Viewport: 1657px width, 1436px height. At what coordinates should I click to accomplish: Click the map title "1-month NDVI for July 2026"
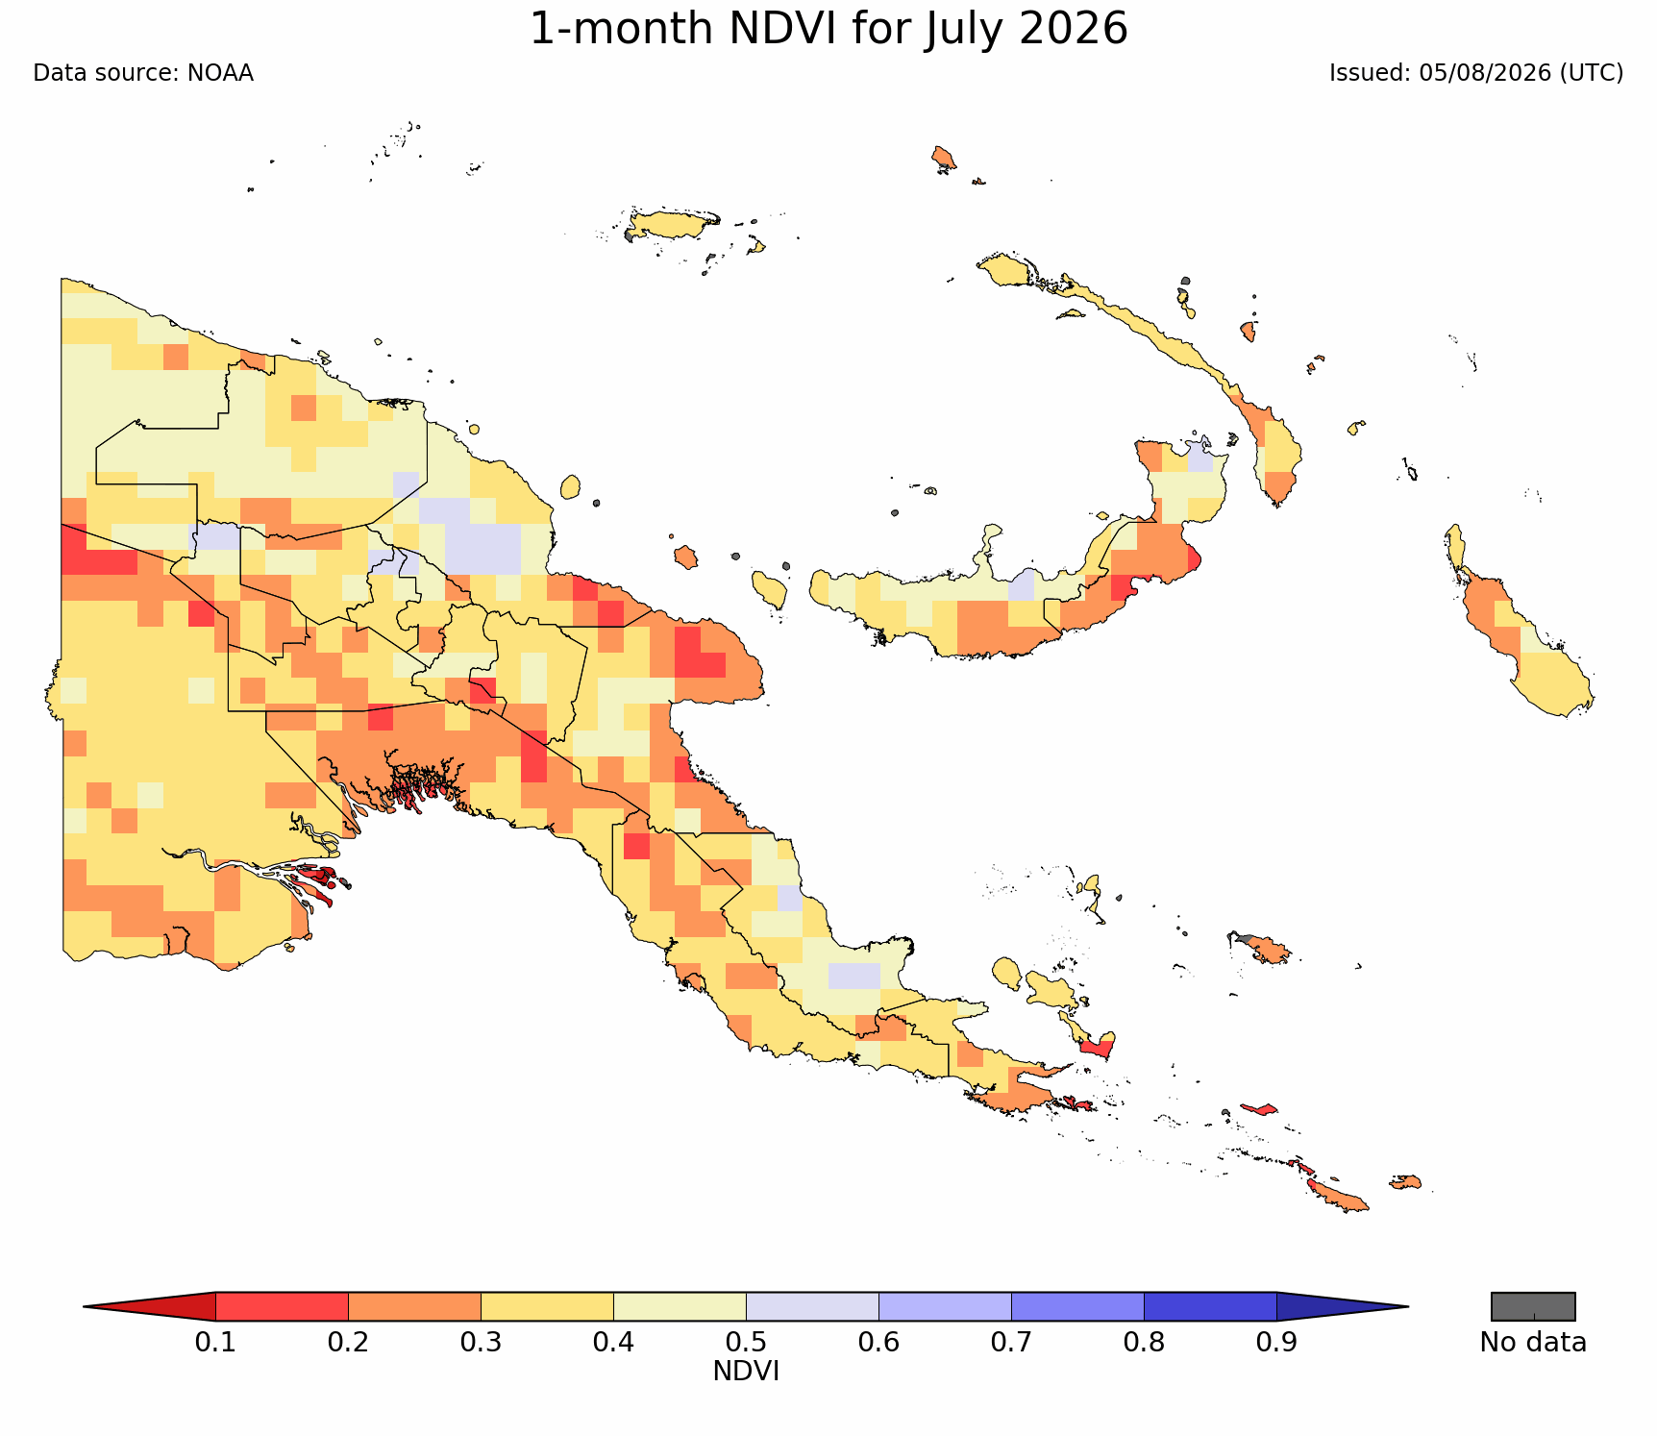click(x=828, y=29)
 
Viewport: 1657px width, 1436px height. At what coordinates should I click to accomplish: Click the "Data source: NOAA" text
click(x=143, y=73)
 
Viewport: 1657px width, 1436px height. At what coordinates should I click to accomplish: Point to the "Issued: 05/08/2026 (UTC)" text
click(x=1476, y=73)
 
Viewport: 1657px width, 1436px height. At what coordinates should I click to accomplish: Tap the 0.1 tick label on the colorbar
click(x=215, y=1342)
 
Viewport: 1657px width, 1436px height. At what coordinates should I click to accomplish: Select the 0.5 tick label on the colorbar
click(x=746, y=1342)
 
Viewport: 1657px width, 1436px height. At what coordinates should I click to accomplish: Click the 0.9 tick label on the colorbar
click(x=1276, y=1342)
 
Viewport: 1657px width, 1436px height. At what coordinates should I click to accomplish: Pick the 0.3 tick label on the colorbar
click(x=481, y=1342)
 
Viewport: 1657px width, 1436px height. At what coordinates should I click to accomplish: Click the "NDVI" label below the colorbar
click(x=746, y=1372)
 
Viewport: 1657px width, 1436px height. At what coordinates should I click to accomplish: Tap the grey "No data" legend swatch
click(x=1533, y=1307)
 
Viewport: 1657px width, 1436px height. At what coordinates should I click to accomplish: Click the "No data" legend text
click(x=1533, y=1343)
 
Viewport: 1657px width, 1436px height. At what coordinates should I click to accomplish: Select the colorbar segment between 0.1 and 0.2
click(x=282, y=1307)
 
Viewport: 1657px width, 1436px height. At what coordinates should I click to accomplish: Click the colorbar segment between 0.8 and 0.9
click(x=1210, y=1307)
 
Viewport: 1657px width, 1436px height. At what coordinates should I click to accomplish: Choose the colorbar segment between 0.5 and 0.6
click(x=812, y=1307)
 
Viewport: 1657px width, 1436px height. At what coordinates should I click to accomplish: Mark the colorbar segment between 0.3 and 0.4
click(x=547, y=1307)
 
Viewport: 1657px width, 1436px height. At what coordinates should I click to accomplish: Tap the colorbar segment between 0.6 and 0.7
click(x=945, y=1307)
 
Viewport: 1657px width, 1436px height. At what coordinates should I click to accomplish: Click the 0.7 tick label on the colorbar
click(x=1011, y=1342)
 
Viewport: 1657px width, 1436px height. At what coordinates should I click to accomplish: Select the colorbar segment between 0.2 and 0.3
click(x=414, y=1307)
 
